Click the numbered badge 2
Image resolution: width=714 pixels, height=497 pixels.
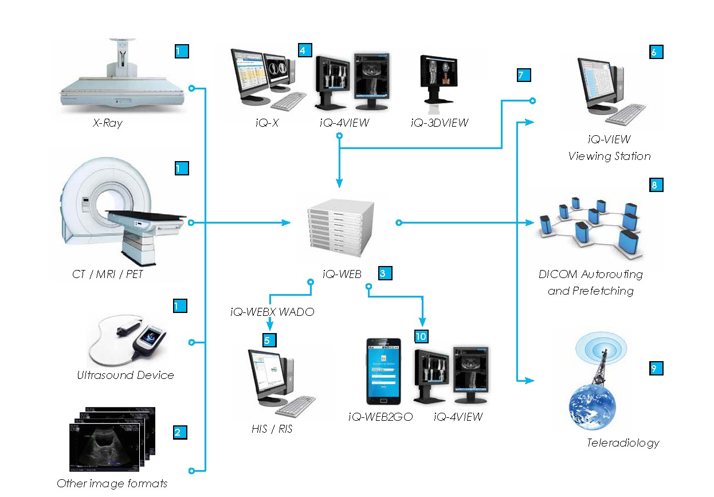coord(180,432)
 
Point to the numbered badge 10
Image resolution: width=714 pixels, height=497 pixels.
coord(422,335)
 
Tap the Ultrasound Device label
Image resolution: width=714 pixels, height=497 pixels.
coord(125,375)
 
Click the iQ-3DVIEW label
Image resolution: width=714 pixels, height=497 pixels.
coord(440,123)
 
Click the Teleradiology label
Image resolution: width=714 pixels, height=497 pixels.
coord(623,443)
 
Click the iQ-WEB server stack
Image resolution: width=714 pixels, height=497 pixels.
coord(337,227)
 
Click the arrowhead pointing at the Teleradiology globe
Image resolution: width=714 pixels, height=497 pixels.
coord(530,380)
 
